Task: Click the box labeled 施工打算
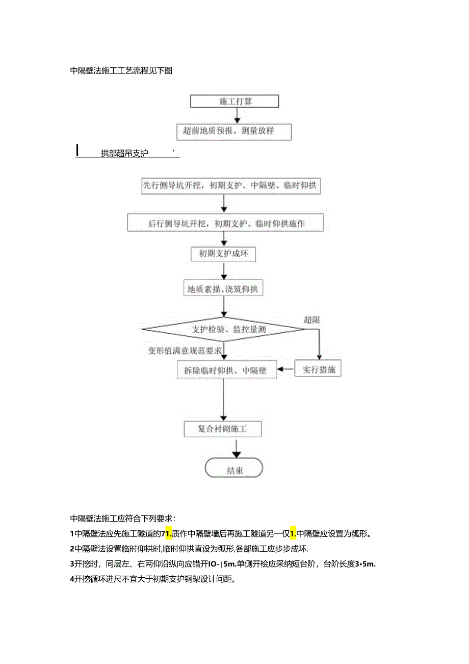tap(234, 101)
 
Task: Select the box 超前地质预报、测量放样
tap(234, 131)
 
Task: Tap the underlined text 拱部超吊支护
tap(124, 153)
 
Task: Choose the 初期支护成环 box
tap(223, 254)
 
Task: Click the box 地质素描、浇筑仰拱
tap(223, 289)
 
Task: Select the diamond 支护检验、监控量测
tap(223, 330)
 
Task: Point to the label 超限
tap(311, 320)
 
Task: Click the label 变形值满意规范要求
tap(185, 350)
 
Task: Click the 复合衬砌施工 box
tap(223, 429)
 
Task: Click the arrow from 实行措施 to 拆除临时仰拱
tap(286, 368)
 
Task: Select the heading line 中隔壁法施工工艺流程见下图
tap(121, 71)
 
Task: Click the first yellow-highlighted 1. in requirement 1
tap(166, 534)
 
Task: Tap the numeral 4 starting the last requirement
tap(72, 579)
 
